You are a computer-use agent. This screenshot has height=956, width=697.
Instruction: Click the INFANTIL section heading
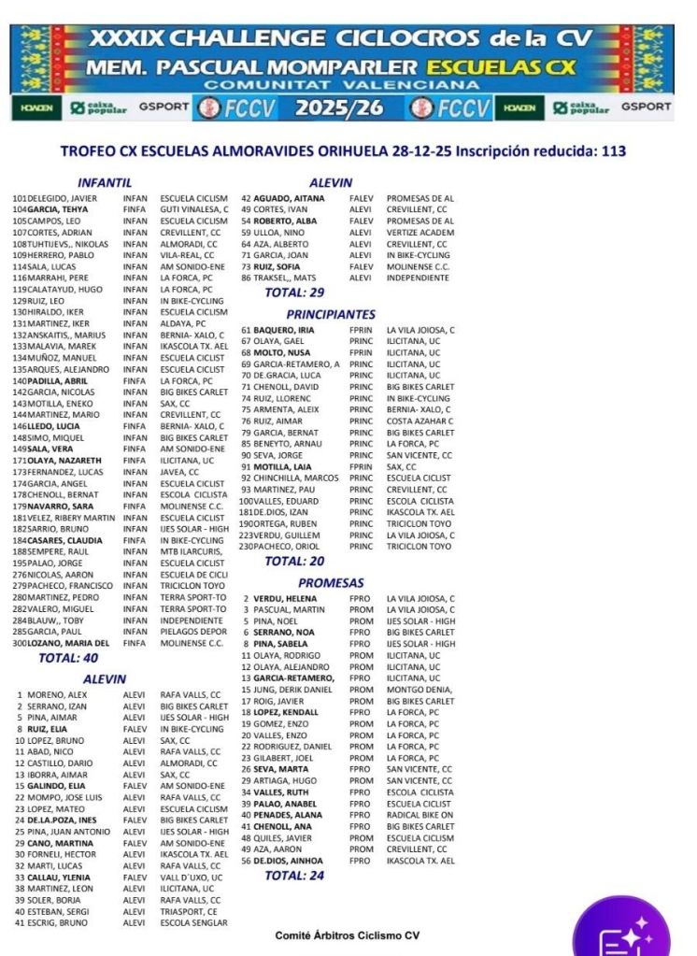tap(104, 183)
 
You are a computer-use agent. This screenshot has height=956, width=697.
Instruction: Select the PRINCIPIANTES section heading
tap(331, 315)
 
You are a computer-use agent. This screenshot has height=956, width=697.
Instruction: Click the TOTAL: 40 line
tap(69, 658)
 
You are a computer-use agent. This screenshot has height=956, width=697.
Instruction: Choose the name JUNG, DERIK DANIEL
tap(292, 690)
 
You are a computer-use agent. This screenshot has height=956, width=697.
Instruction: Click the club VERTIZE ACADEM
tap(420, 233)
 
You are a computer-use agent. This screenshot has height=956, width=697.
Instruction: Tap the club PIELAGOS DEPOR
tap(193, 632)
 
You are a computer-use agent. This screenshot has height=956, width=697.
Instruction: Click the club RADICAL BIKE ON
tap(420, 815)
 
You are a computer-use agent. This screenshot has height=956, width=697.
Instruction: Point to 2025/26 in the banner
tap(339, 107)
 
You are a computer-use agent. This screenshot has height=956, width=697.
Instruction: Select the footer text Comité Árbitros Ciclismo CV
tap(347, 935)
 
